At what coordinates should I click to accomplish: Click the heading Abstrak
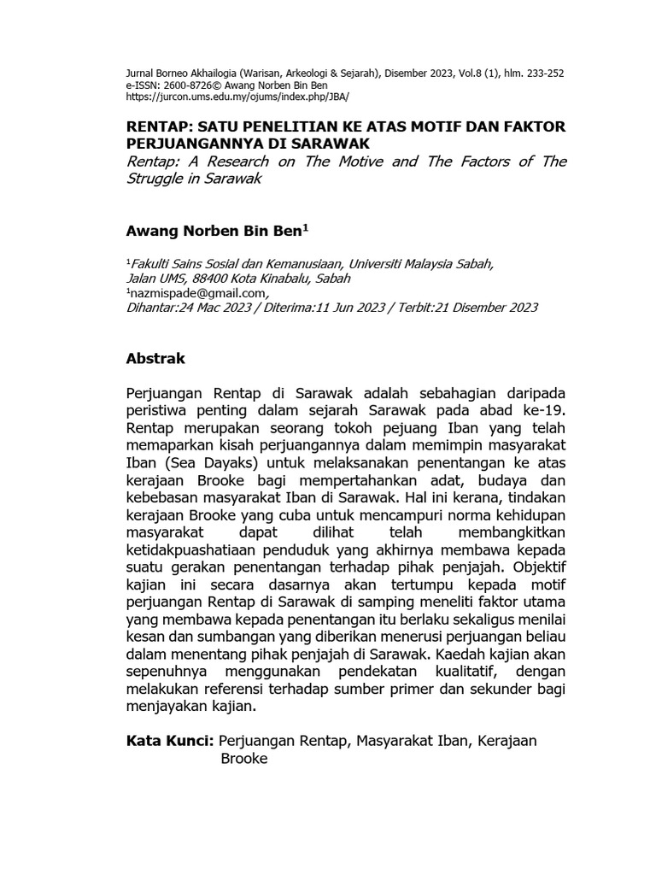(x=155, y=358)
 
